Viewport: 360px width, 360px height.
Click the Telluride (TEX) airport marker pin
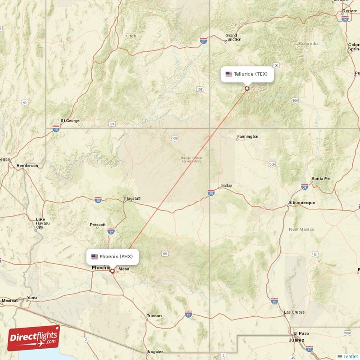[x=247, y=89]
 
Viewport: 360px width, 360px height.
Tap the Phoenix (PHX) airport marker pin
[x=112, y=271]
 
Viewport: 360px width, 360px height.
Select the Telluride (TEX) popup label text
[x=251, y=74]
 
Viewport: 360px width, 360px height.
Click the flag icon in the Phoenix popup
[x=94, y=256]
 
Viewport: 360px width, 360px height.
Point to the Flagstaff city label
[x=132, y=198]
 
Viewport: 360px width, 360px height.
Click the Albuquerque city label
[x=301, y=203]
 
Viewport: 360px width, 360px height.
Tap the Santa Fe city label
[x=320, y=179]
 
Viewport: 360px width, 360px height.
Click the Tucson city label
[x=154, y=316]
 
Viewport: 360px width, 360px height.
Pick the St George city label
[x=70, y=121]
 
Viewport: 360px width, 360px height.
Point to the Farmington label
[x=248, y=136]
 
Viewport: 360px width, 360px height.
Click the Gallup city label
[x=226, y=186]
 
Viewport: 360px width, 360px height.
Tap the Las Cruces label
[x=294, y=312]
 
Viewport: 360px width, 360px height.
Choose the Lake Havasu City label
[x=43, y=223]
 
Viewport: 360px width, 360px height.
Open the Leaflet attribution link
[x=351, y=356]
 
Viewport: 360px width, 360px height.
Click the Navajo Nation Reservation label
[x=192, y=160]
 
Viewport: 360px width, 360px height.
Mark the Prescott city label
[x=98, y=225]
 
